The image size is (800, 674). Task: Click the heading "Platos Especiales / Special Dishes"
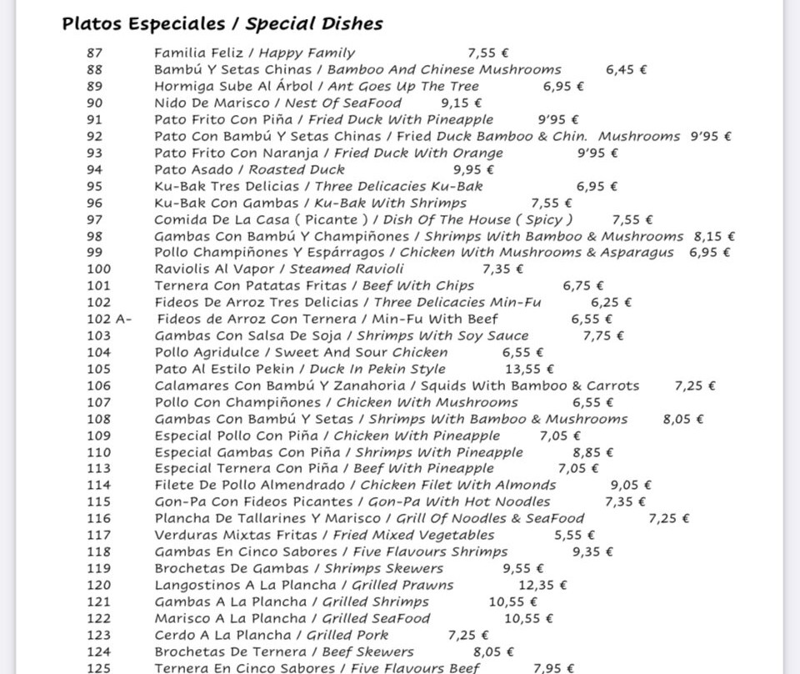click(x=222, y=23)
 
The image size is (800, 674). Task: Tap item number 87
click(x=95, y=53)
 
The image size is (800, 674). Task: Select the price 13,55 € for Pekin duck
click(x=529, y=369)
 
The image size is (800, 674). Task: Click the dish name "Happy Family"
click(x=307, y=53)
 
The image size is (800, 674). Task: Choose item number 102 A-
click(x=109, y=319)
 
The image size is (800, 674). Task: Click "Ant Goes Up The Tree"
click(x=403, y=86)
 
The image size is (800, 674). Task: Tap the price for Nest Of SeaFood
click(x=462, y=103)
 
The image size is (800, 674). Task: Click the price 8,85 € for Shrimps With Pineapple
click(x=593, y=452)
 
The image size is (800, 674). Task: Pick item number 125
click(x=98, y=668)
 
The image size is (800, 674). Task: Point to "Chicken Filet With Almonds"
click(x=457, y=485)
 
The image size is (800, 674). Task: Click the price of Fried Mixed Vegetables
click(x=574, y=535)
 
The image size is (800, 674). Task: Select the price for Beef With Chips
click(x=583, y=285)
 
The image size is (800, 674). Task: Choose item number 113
click(x=98, y=468)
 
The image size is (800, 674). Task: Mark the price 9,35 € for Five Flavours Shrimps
click(x=592, y=551)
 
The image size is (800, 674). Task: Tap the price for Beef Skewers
click(x=493, y=651)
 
